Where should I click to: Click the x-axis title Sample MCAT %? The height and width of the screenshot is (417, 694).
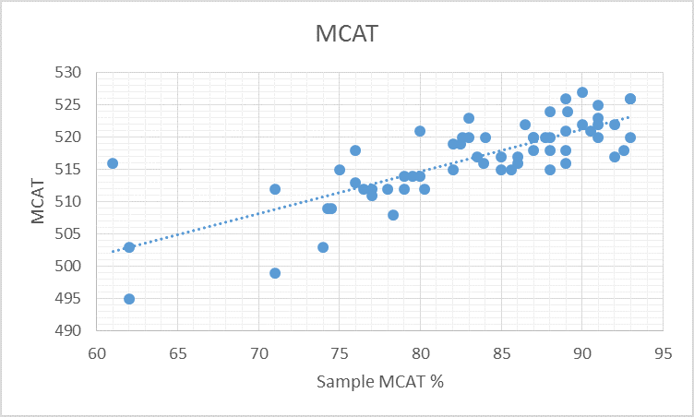point(380,382)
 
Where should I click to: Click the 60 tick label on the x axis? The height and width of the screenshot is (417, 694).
point(97,351)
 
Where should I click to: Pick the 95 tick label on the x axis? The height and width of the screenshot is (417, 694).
point(663,351)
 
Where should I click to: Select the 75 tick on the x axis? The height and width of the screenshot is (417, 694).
point(340,351)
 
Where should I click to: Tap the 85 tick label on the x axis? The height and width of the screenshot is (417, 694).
point(501,351)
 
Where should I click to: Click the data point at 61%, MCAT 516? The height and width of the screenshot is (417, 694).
point(113,163)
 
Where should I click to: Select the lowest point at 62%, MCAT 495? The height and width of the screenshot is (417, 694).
point(129,299)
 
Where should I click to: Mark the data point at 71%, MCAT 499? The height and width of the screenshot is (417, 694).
point(275,273)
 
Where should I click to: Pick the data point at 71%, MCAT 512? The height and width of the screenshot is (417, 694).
point(275,189)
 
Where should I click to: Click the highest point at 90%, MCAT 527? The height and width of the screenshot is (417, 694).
point(582,92)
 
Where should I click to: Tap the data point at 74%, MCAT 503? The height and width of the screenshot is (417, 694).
point(323,247)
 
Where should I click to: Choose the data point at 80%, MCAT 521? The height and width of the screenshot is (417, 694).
point(420,131)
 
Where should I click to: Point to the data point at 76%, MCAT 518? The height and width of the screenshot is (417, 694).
point(355,150)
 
